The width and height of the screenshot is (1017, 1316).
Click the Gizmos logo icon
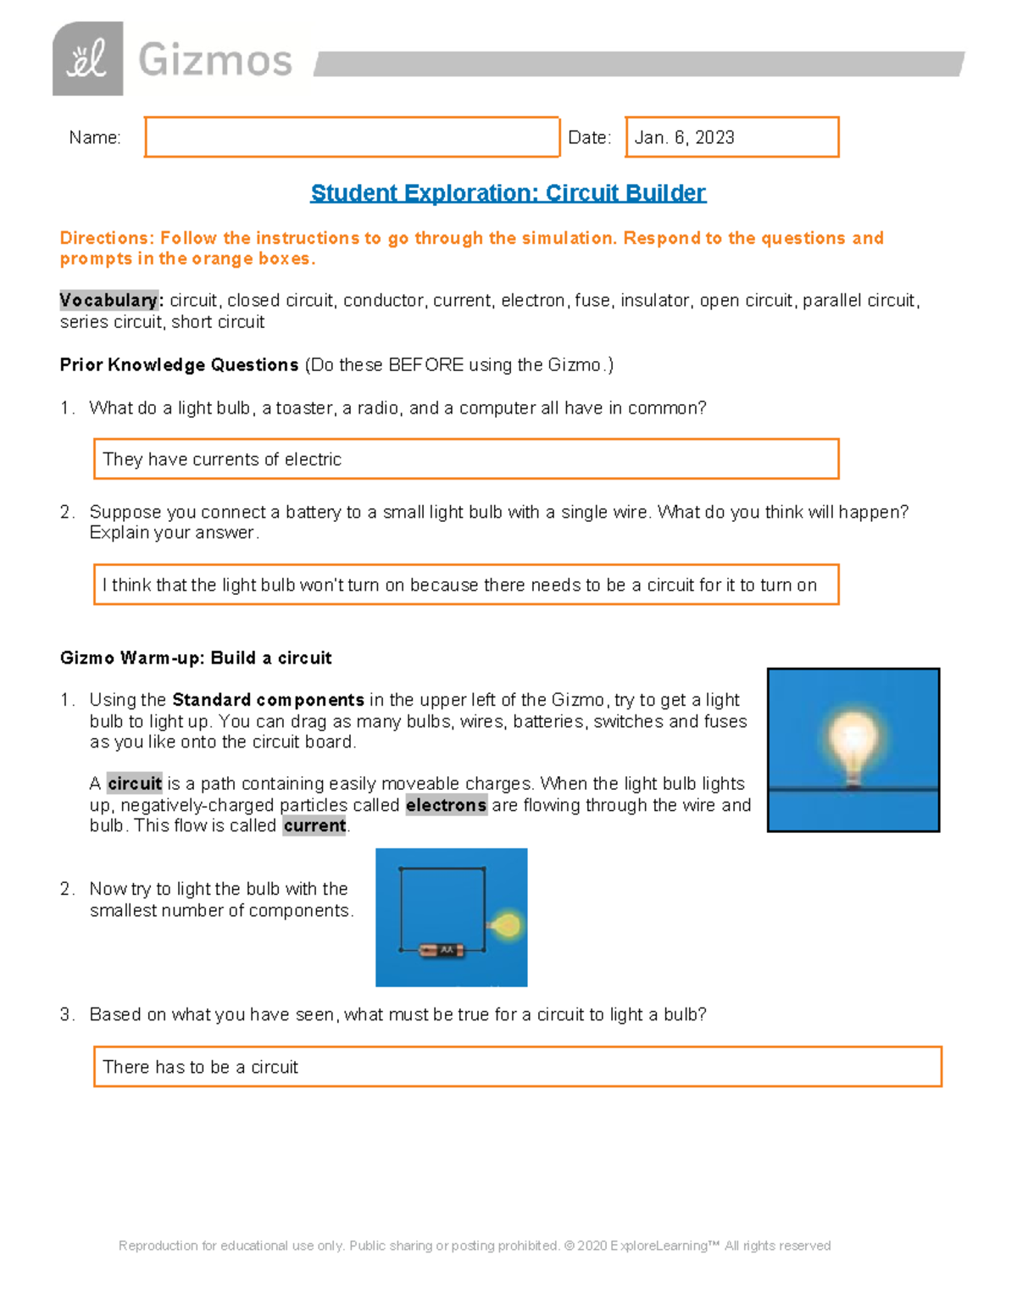(87, 59)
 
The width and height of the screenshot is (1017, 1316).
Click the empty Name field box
(352, 137)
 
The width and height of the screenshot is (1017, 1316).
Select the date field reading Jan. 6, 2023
(731, 137)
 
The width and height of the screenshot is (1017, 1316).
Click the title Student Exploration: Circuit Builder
(508, 193)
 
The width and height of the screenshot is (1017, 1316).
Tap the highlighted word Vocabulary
(108, 301)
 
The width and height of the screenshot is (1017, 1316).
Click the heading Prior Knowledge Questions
(179, 365)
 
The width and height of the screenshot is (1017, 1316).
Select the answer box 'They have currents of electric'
(465, 459)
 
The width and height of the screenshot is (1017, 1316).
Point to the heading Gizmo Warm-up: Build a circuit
(196, 658)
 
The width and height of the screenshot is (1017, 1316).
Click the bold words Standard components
(268, 700)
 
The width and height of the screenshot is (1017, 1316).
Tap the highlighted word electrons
(446, 805)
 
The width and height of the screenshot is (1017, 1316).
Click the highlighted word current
(314, 826)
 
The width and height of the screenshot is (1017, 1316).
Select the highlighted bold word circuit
(134, 784)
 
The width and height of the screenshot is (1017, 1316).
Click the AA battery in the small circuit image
(442, 951)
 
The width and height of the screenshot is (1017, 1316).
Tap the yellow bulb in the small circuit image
(507, 925)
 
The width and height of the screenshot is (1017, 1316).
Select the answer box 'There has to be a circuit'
(517, 1067)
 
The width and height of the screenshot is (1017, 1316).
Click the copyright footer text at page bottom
(475, 1246)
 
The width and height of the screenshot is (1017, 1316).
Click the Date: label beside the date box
(589, 138)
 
